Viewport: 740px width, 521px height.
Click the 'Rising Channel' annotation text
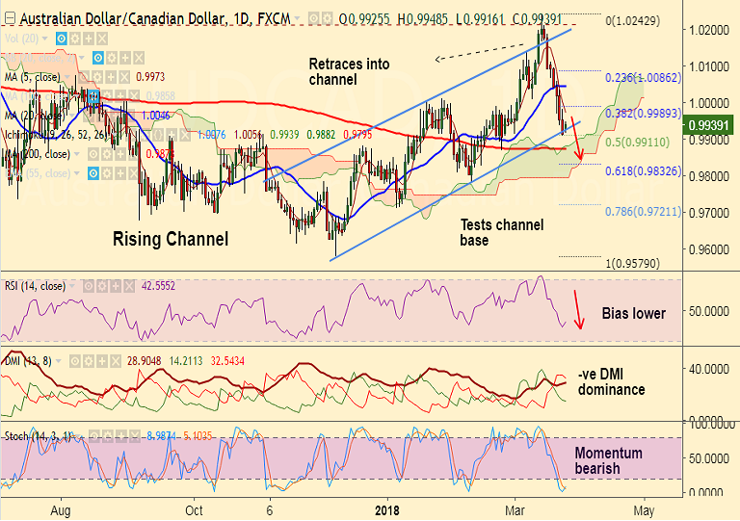171,238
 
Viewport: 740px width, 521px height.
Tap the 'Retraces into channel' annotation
349,71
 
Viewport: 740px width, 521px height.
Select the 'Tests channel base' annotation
501,232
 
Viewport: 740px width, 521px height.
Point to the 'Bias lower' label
634,313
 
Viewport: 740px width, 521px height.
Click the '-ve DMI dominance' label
612,381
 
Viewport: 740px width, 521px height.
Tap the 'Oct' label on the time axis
195,509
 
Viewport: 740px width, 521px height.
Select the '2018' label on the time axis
388,509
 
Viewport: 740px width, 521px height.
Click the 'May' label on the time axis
645,509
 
